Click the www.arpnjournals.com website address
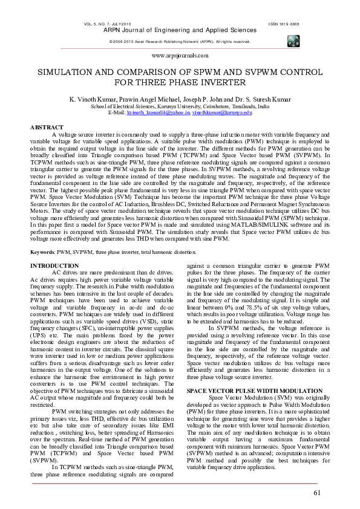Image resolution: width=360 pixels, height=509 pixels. [x=180, y=55]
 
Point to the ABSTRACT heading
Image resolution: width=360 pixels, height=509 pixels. [x=47, y=128]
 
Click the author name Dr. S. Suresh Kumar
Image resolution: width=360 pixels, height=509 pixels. [x=264, y=98]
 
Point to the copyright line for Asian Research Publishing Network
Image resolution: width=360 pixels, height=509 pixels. [x=180, y=41]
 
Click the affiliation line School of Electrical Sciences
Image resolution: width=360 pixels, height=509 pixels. [x=180, y=106]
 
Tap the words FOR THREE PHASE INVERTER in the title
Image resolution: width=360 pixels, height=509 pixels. [x=180, y=82]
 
